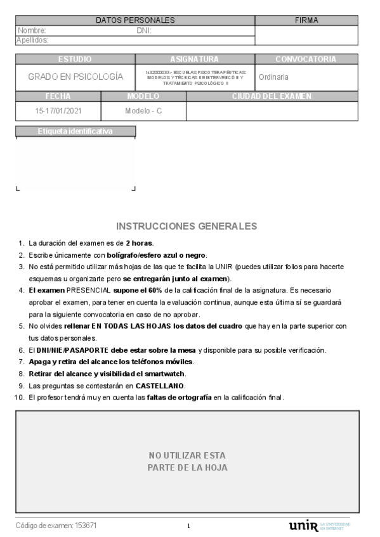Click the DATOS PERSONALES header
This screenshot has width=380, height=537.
135,20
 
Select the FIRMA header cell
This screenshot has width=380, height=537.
306,20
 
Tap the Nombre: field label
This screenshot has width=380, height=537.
32,30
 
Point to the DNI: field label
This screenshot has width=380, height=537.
143,30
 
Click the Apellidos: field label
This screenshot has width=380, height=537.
32,40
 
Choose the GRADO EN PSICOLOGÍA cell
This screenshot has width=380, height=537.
75,77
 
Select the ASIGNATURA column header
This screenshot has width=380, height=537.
195,59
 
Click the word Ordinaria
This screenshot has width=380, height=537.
274,77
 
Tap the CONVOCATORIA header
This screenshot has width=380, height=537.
306,59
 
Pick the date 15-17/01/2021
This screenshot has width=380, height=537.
58,110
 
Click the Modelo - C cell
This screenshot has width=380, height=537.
143,110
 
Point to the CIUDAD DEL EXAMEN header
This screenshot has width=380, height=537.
272,96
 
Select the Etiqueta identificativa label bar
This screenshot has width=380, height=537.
75,132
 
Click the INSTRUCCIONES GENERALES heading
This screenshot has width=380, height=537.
187,226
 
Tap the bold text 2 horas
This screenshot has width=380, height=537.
139,243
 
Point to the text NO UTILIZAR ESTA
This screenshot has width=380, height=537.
187,455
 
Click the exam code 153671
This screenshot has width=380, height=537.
86,526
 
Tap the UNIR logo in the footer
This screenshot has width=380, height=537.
303,526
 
